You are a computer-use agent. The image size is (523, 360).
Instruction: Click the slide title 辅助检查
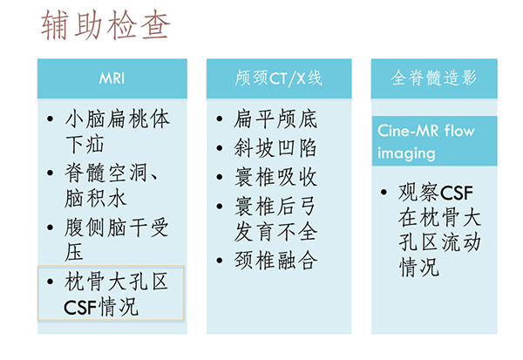105,25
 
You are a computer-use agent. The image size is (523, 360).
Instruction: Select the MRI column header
112,78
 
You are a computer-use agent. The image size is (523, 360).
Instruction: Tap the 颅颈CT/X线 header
279,78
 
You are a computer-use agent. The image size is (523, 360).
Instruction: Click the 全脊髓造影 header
434,78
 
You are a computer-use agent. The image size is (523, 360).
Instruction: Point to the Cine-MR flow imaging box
434,141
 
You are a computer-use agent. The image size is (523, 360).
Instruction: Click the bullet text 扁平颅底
275,119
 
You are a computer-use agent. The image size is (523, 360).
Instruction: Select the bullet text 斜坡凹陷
275,148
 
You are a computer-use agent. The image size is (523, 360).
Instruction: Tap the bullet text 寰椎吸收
275,177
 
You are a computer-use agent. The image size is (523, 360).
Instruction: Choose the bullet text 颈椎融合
275,261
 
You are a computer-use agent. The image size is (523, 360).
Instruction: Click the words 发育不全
275,232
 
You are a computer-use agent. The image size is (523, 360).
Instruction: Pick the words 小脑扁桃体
118,119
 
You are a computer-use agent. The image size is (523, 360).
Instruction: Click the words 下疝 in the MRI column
85,145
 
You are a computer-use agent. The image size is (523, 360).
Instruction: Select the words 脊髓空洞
105,173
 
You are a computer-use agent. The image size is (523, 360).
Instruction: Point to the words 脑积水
95,198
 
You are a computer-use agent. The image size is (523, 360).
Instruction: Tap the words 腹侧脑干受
117,228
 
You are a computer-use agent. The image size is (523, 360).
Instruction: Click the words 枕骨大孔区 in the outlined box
117,282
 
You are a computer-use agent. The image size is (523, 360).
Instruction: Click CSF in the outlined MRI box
80,308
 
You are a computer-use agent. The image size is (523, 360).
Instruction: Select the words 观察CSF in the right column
436,193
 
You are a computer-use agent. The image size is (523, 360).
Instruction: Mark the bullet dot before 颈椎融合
219,261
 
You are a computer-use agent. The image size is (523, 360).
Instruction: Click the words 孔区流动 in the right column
439,242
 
